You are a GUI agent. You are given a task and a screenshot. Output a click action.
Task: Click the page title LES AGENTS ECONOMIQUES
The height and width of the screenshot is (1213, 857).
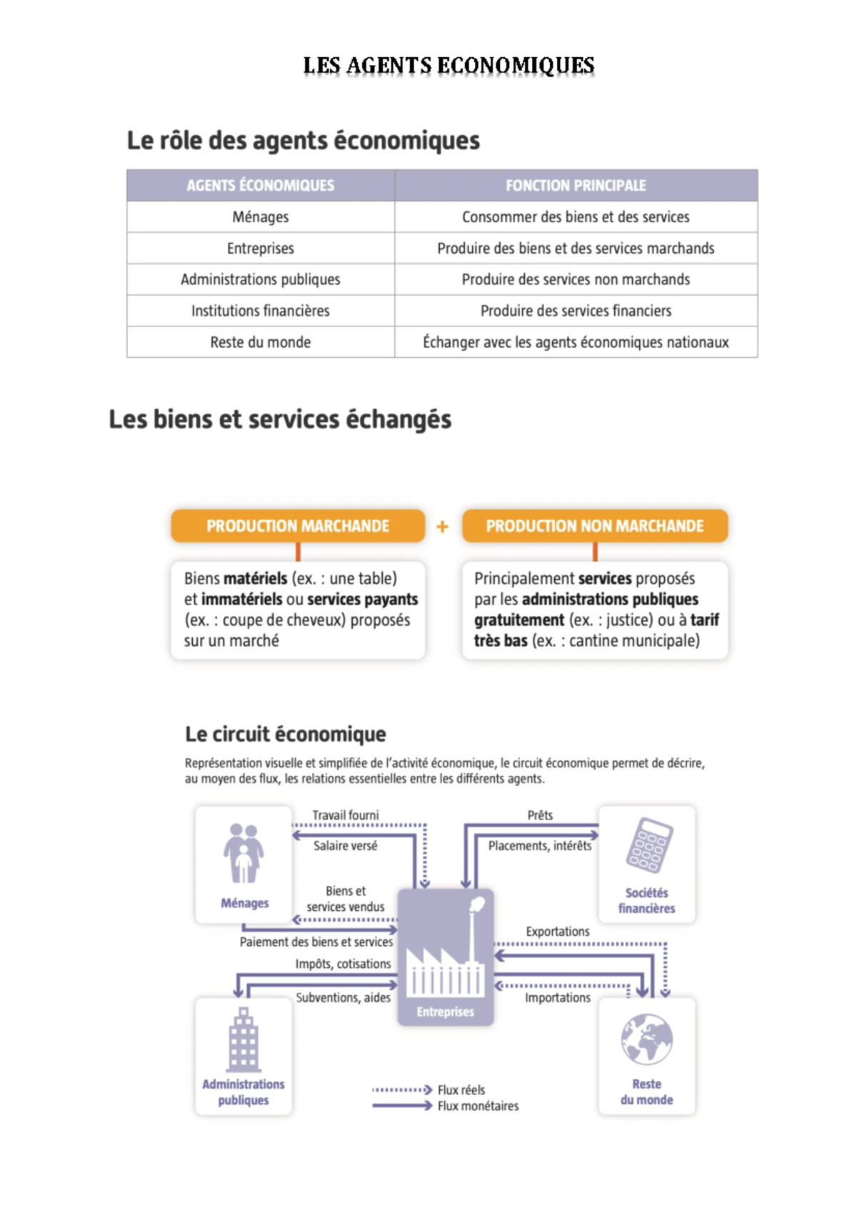click(x=448, y=66)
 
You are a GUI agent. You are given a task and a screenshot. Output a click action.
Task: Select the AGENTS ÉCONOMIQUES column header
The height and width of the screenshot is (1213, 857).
click(x=261, y=186)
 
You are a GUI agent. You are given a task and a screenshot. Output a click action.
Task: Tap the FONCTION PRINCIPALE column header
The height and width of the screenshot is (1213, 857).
click(x=576, y=186)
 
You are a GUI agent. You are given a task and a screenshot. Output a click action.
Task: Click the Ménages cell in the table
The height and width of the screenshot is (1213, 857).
click(x=261, y=217)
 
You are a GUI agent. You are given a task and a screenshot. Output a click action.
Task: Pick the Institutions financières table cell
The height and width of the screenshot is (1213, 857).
click(x=261, y=311)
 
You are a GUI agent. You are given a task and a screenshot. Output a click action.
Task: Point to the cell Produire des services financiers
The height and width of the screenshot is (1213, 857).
click(x=576, y=311)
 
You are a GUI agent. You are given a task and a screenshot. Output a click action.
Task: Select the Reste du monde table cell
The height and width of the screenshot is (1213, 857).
click(x=261, y=342)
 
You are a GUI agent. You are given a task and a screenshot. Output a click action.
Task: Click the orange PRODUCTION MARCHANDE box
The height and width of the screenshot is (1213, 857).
click(x=298, y=526)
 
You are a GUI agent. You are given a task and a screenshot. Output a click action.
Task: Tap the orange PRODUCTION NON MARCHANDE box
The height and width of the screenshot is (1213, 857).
click(x=594, y=526)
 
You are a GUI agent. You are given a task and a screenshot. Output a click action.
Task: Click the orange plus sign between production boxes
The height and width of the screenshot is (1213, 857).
click(x=443, y=527)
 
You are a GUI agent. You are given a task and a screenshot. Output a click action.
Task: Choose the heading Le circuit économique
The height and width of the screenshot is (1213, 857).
click(x=286, y=734)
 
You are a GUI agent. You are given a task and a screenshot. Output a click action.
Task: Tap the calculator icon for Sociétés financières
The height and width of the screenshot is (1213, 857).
click(x=648, y=845)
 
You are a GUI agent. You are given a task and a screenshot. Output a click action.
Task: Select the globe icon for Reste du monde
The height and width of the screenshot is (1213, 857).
click(x=647, y=1039)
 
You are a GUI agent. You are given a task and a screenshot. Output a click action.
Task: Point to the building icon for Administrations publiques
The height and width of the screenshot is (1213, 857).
click(x=244, y=1039)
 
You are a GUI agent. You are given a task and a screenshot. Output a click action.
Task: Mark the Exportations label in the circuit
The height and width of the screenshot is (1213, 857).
click(x=558, y=932)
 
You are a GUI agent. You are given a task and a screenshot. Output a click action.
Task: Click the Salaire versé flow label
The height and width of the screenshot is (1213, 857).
click(x=346, y=846)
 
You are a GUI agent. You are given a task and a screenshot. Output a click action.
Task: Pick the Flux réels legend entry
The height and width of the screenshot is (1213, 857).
click(x=461, y=1090)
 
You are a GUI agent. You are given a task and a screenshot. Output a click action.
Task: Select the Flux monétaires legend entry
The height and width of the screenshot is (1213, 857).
click(x=478, y=1106)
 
